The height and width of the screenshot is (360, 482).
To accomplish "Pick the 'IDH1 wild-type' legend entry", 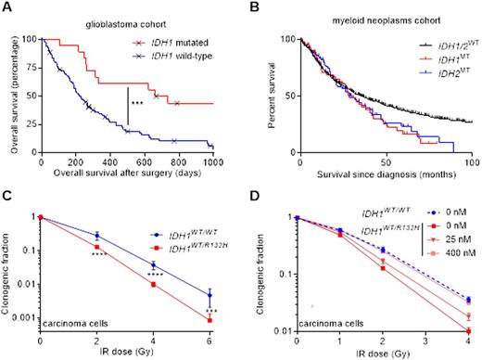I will [x=178, y=58].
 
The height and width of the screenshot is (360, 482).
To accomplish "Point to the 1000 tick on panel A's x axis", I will [x=213, y=160].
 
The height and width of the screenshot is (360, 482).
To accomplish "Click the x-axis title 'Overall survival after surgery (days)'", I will [x=126, y=174].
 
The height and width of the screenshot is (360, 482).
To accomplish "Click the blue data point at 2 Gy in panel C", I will [x=96, y=235].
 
